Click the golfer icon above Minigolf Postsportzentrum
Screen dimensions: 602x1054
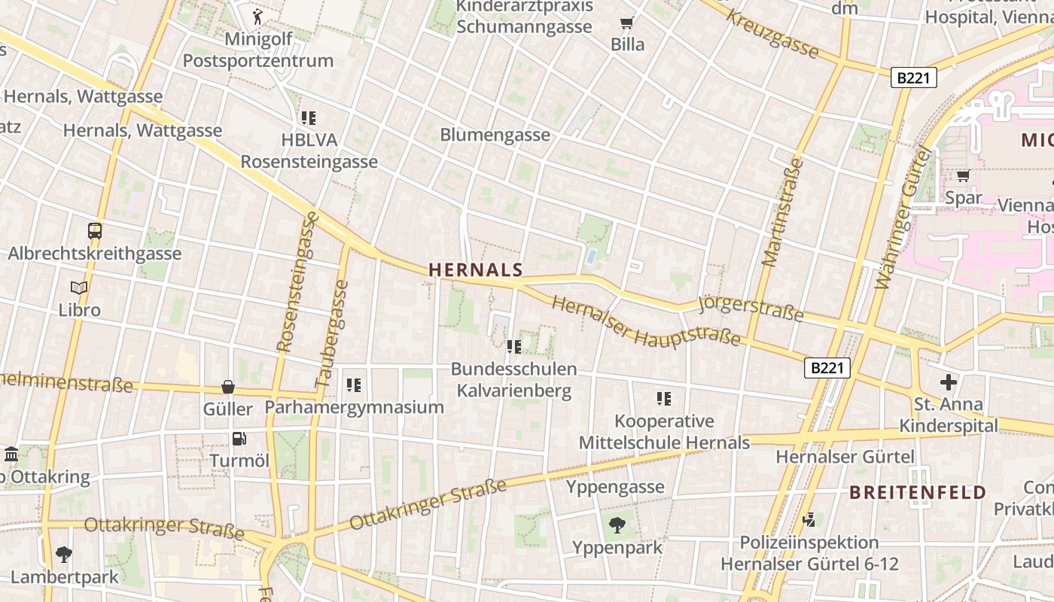pos(257,17)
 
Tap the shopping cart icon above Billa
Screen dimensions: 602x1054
pos(626,23)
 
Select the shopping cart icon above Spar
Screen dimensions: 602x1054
pos(963,176)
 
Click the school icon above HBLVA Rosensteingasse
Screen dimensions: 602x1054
pos(309,118)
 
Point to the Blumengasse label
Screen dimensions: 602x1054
pos(495,135)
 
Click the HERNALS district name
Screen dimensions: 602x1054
pos(475,270)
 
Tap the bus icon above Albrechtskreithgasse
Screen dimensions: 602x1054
pos(95,231)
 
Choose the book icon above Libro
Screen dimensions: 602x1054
pos(79,287)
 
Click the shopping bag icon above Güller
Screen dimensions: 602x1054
pos(228,388)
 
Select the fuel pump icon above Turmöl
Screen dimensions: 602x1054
pos(239,439)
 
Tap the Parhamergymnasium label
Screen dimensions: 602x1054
pos(354,408)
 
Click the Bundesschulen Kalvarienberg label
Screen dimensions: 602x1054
pos(514,380)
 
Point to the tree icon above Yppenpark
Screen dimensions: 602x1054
pos(617,525)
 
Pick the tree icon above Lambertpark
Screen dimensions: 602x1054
pos(64,555)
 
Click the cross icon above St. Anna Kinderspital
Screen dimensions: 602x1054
pos(949,382)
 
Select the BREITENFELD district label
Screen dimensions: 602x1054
pos(918,493)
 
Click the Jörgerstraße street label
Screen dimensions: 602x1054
pos(751,307)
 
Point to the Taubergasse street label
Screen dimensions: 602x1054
pos(332,334)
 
